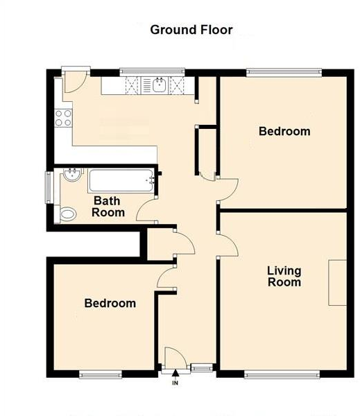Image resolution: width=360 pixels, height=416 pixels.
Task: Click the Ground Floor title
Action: coord(191,30)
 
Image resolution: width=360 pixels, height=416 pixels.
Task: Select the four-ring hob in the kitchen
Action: coord(63,118)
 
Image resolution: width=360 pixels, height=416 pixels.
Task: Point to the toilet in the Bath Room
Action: coord(67,214)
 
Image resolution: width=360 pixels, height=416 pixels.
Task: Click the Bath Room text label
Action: coord(109,207)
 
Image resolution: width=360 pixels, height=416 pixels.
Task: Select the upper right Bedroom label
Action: coord(284,131)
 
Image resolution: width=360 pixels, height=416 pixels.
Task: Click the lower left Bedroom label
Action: coord(110,303)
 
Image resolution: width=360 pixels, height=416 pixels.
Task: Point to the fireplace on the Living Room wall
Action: coord(337,282)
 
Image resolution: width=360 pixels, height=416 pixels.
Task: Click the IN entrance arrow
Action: coord(175,374)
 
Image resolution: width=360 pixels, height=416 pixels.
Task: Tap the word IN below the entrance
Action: coord(175,383)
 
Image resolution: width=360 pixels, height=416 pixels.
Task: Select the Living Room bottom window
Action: coord(282,375)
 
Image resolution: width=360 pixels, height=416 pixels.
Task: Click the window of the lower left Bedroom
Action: coord(101,375)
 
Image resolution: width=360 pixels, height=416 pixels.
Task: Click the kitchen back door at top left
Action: coord(74,82)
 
